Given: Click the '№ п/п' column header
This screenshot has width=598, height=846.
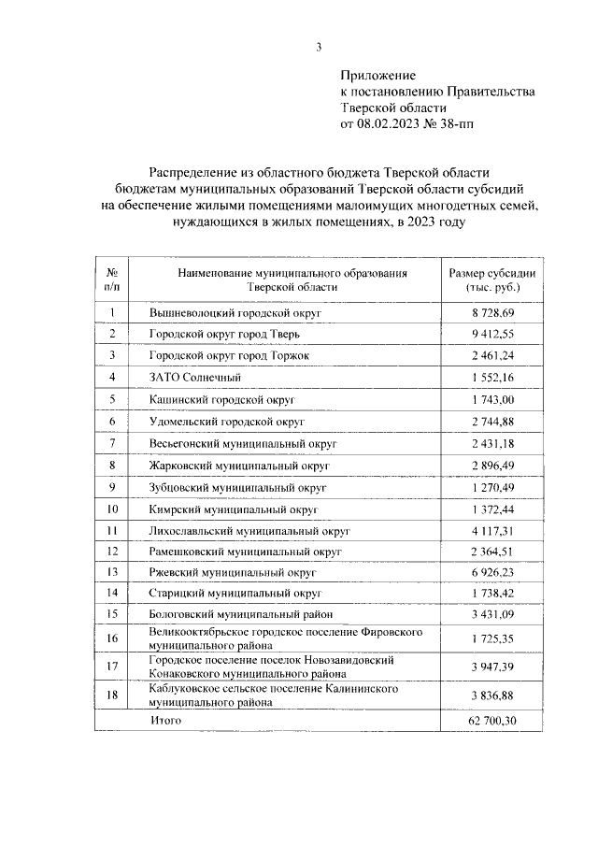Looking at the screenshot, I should coord(112,280).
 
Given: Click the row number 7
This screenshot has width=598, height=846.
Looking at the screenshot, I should coord(112,442).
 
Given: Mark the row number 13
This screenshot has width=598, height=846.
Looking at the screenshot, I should coord(112,572).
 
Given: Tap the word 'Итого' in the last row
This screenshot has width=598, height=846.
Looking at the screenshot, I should coord(165,721).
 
